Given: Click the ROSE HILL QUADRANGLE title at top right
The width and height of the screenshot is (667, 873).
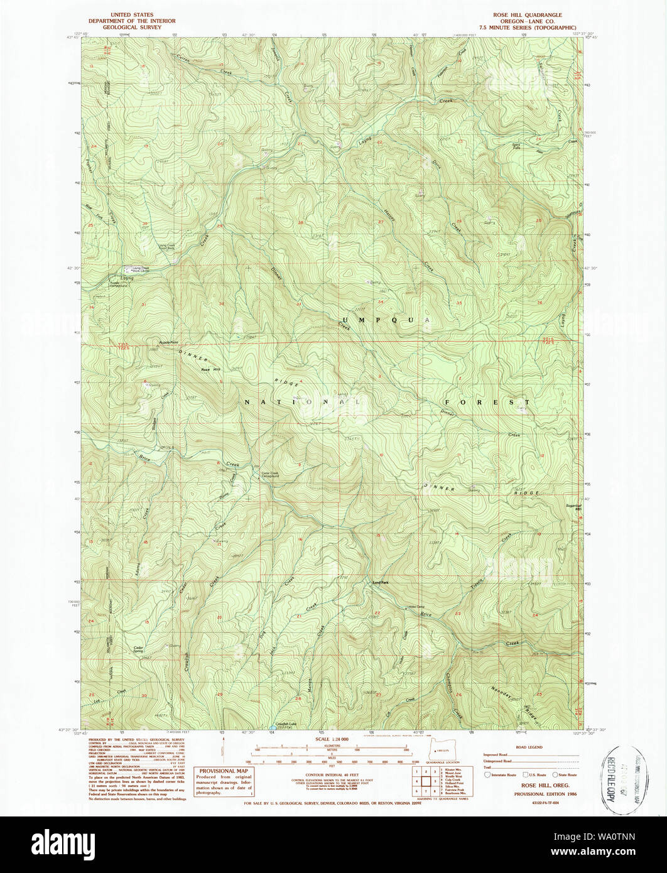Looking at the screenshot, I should point(527,14).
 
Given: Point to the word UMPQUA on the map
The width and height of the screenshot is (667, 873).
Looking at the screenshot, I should point(385,320).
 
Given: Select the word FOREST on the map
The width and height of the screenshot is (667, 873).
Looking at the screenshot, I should point(487,402).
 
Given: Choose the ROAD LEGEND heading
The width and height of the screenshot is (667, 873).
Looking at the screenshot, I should point(531,747).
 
